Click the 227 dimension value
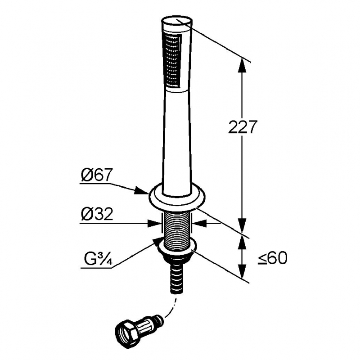click(x=242, y=127)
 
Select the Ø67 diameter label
click(x=96, y=175)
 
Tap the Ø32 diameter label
click(x=97, y=214)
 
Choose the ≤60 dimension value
click(x=272, y=259)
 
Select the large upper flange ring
click(x=177, y=198)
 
